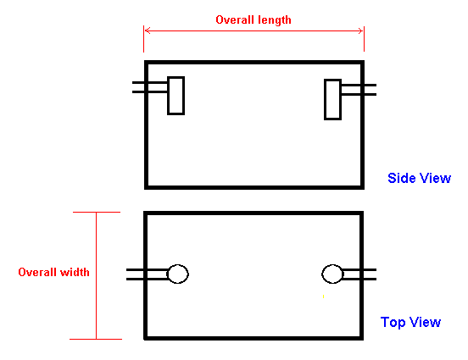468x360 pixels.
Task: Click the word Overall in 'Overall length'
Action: [235, 20]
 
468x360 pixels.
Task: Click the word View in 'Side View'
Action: [435, 178]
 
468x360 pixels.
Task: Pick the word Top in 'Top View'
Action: [393, 323]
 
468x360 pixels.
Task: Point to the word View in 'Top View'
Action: [425, 322]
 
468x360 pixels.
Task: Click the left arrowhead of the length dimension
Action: [147, 30]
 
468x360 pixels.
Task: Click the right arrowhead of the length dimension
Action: [361, 30]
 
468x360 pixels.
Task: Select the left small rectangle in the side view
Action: [176, 96]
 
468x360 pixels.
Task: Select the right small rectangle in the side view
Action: [333, 100]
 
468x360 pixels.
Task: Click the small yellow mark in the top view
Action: [324, 296]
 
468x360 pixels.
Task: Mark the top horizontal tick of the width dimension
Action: [97, 212]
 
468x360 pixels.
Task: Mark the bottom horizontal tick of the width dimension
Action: [96, 339]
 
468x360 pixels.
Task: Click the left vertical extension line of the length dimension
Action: [143, 39]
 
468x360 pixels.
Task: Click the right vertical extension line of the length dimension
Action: [364, 39]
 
